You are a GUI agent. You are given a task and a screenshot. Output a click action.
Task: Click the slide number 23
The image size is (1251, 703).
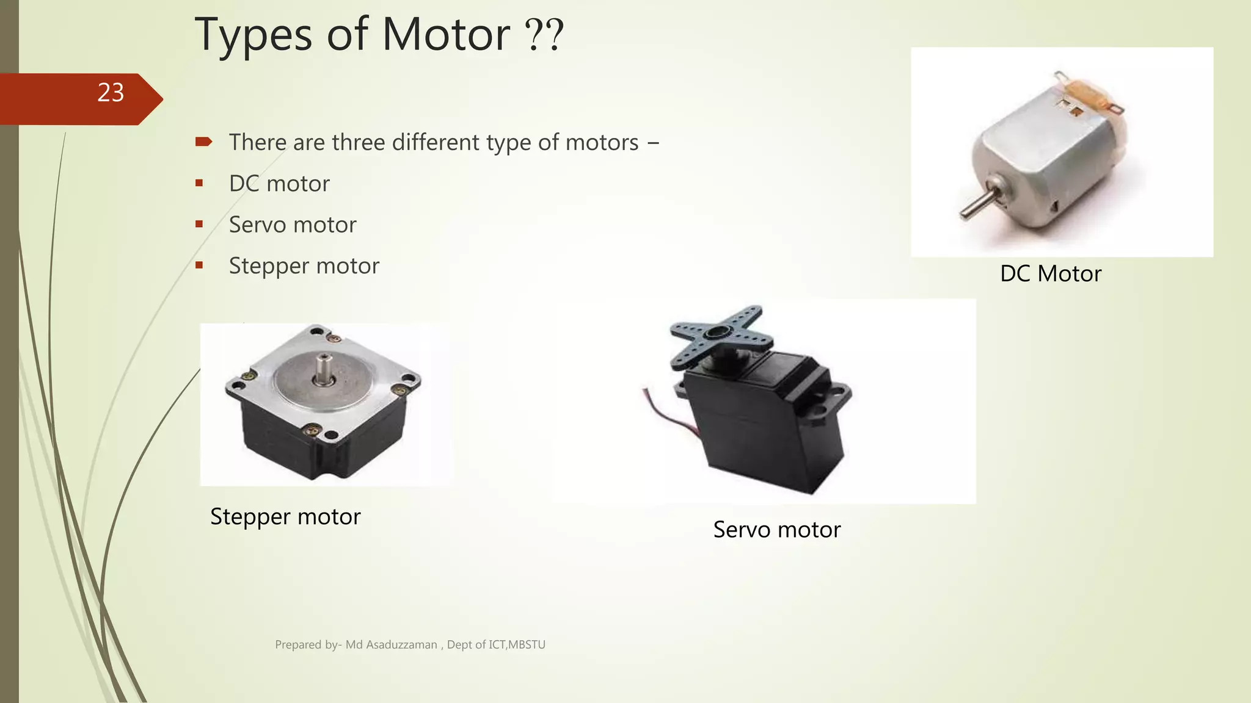tap(111, 93)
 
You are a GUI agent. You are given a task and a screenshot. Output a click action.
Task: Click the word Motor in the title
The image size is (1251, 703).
tap(445, 35)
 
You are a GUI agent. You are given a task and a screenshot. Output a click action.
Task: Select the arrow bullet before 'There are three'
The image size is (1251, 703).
tap(203, 142)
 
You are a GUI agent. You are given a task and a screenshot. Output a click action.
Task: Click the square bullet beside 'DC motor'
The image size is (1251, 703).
tap(199, 183)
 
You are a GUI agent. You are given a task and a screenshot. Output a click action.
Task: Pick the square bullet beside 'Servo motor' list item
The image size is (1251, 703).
tap(199, 224)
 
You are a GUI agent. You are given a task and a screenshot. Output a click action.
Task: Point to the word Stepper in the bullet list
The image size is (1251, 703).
tap(269, 267)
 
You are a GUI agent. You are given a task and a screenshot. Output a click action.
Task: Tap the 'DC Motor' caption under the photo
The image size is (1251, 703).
tap(1050, 273)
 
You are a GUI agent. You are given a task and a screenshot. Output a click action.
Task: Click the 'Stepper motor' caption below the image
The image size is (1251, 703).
tap(285, 517)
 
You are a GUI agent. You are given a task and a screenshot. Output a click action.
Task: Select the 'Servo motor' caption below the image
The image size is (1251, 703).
tap(776, 530)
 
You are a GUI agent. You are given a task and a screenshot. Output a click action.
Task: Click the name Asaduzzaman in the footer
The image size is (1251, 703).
tap(401, 645)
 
